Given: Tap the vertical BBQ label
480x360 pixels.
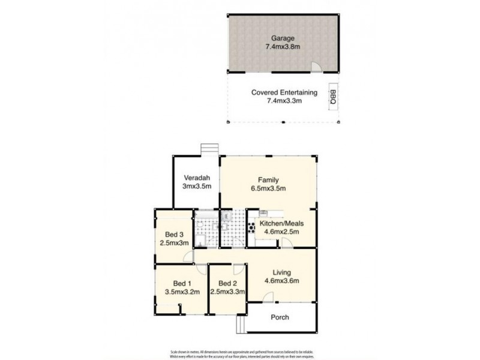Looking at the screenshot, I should tap(332, 97).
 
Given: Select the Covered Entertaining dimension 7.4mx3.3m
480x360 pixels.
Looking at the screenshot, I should tap(284, 101).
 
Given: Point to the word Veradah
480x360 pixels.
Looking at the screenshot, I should tap(196, 178).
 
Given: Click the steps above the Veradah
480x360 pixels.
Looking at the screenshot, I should tap(208, 149).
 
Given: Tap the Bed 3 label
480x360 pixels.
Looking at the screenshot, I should tap(173, 235).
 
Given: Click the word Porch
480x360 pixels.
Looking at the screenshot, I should tap(280, 317).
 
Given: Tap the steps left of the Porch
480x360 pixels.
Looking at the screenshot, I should tap(241, 325).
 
